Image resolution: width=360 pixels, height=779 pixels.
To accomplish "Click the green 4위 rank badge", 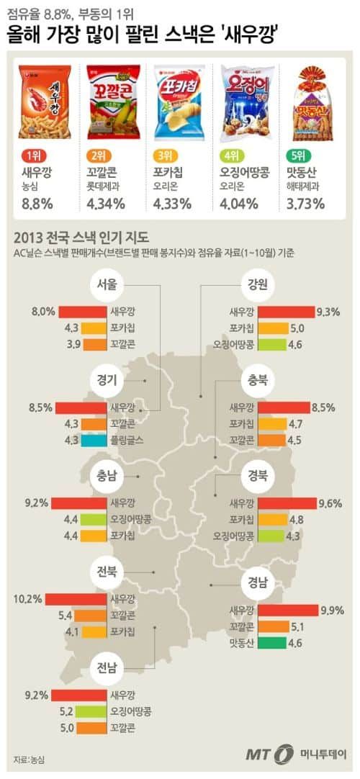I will click(234, 156).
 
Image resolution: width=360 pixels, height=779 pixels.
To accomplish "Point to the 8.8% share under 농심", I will click(37, 204).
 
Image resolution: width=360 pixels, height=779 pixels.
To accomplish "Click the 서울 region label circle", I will click(107, 284).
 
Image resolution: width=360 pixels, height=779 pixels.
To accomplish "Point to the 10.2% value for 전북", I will click(28, 599).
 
